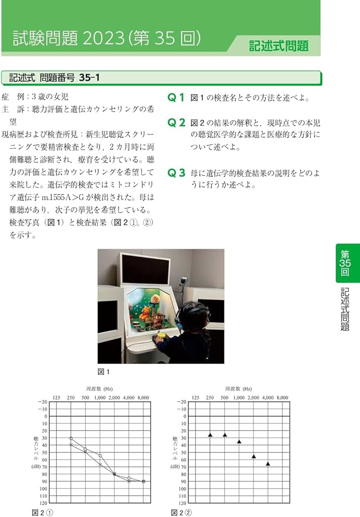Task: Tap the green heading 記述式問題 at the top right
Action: click(x=278, y=45)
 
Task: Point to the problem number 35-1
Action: click(x=89, y=78)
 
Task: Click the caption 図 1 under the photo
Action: click(x=103, y=371)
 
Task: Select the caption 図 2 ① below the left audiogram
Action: click(x=42, y=513)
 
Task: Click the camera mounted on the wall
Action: click(x=183, y=281)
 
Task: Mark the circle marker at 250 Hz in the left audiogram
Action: click(x=71, y=438)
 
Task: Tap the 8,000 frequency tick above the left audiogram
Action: click(x=143, y=398)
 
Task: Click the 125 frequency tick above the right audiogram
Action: click(x=196, y=398)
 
